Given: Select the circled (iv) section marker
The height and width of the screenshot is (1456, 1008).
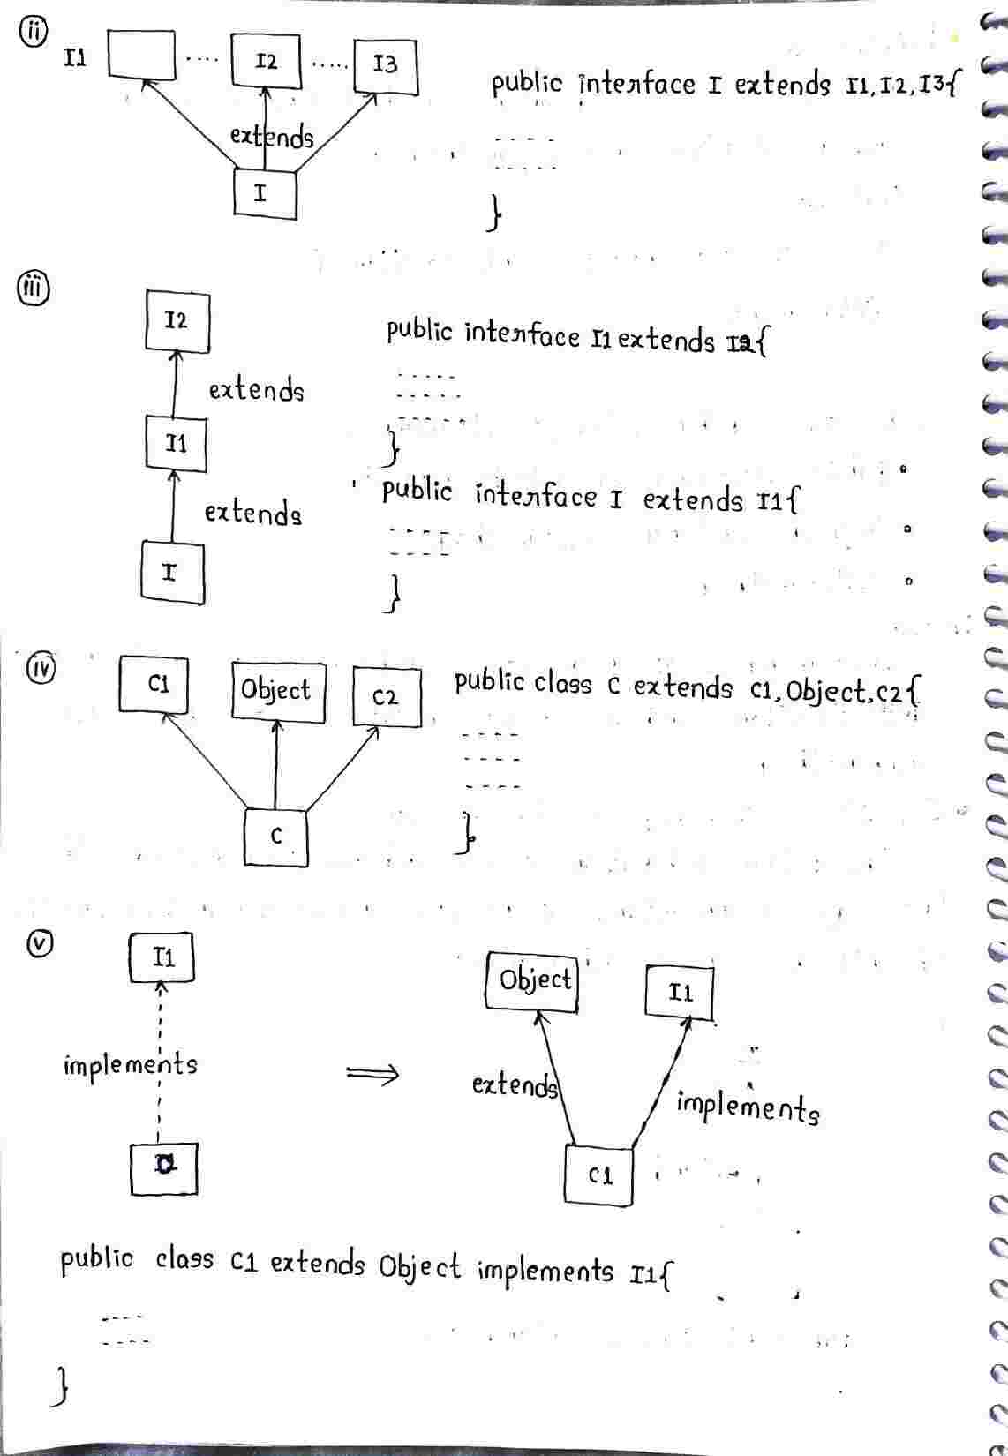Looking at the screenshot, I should (x=39, y=666).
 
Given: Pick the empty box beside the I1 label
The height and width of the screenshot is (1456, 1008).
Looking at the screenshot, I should (x=141, y=55).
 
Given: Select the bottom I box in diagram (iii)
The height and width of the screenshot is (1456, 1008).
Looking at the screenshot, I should (x=172, y=574).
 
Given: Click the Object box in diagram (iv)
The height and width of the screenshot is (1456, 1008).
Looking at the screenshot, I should (x=276, y=691).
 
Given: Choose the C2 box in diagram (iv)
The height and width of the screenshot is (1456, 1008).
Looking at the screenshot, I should (x=386, y=697).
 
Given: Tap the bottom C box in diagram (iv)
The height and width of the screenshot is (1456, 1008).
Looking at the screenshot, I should (x=276, y=837).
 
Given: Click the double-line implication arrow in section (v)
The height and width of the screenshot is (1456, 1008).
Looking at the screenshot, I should (x=372, y=1074).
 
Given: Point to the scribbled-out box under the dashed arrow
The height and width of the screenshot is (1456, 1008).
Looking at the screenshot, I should (x=163, y=1169).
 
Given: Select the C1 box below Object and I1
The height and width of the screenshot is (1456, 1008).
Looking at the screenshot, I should (x=598, y=1175).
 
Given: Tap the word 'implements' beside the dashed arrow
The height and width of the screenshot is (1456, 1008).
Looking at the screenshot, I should (x=130, y=1064).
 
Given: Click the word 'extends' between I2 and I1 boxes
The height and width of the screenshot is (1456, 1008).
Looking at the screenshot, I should (x=256, y=389).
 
